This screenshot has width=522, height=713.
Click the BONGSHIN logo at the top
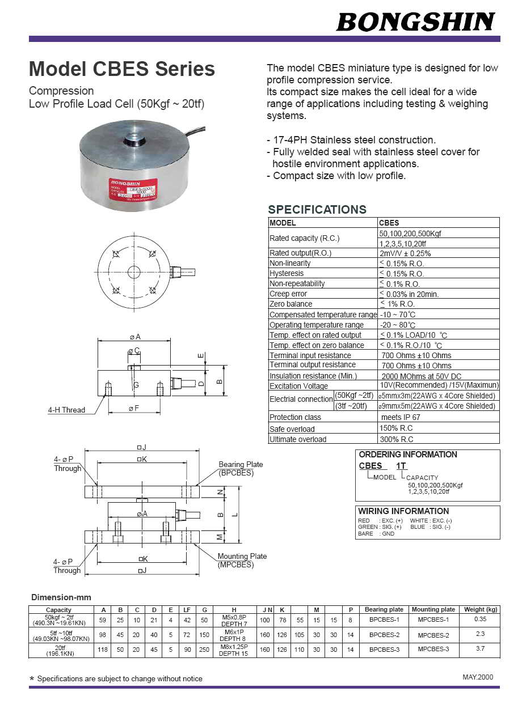415,22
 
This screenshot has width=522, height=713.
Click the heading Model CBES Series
122,69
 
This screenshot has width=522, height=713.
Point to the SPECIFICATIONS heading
317,209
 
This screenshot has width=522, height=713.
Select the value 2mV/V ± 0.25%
405,253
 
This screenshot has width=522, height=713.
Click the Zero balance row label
291,304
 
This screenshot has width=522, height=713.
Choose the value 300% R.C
397,439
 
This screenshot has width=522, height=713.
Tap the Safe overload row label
292,429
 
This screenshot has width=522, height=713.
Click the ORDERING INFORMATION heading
408,455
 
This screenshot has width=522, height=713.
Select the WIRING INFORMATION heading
403,511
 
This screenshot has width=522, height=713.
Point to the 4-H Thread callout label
66,410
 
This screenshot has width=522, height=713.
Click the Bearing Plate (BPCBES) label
241,469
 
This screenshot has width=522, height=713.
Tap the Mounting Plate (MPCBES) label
242,561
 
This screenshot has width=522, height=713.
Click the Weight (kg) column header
480,610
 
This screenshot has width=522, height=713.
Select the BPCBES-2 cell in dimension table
384,635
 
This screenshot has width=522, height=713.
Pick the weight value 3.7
480,649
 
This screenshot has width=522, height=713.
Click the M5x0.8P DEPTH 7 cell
234,620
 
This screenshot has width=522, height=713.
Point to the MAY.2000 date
478,677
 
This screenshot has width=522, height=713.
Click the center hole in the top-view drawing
133,272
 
